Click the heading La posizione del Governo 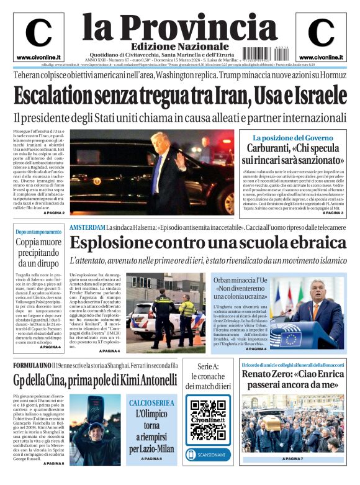pyautogui.click(x=293, y=137)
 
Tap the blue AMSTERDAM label pyautogui.click(x=87, y=228)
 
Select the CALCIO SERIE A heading pyautogui.click(x=151, y=403)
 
